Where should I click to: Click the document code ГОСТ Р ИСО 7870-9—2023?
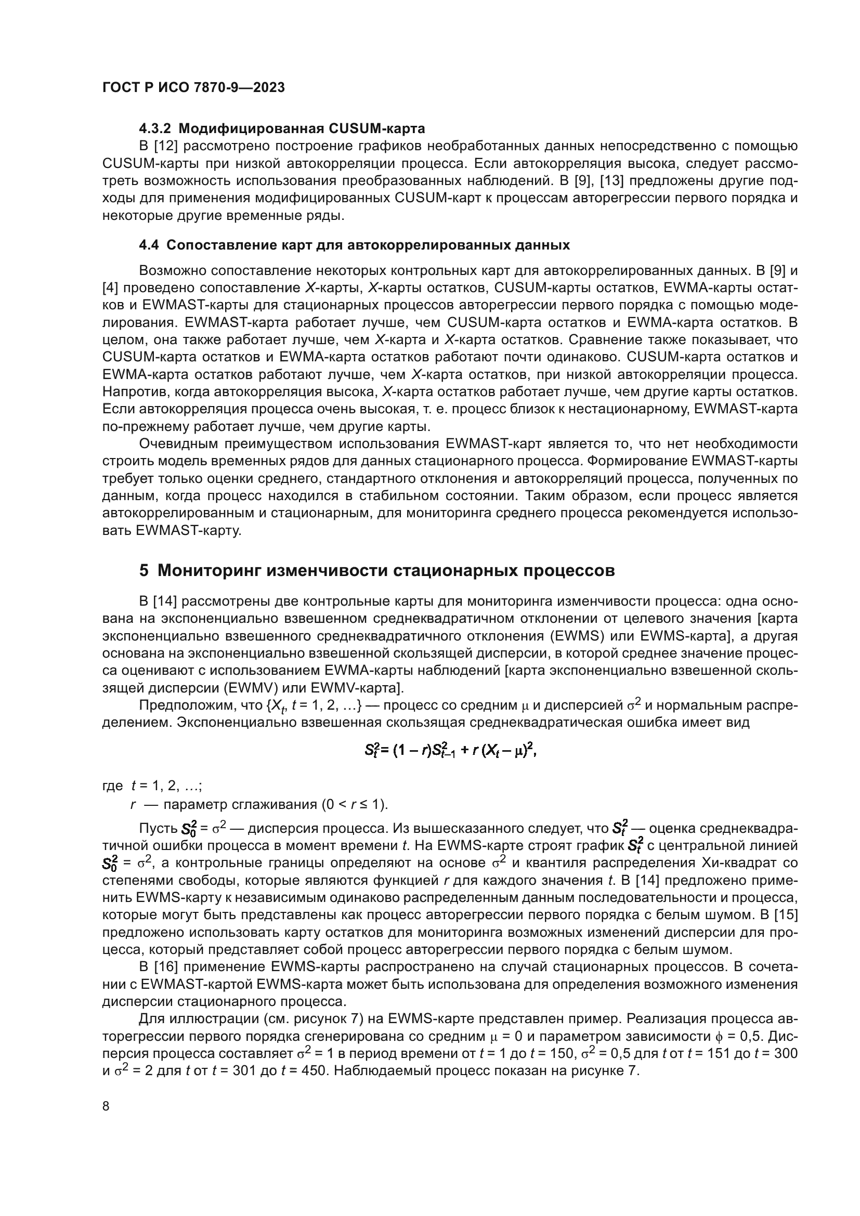pos(193,87)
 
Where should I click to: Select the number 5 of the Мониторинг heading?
pos(144,570)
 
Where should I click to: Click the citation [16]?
pos(166,966)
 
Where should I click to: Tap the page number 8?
pos(106,1106)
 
